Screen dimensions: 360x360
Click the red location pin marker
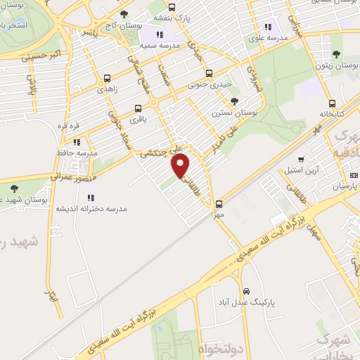click(181, 165)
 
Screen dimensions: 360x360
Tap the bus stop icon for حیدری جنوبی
click(208, 72)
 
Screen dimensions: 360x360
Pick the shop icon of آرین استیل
click(302, 159)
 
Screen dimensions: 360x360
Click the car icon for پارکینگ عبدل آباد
click(246, 290)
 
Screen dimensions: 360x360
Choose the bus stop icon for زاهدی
click(107, 79)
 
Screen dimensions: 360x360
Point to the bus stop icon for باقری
click(138, 108)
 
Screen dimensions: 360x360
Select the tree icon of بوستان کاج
click(124, 14)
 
